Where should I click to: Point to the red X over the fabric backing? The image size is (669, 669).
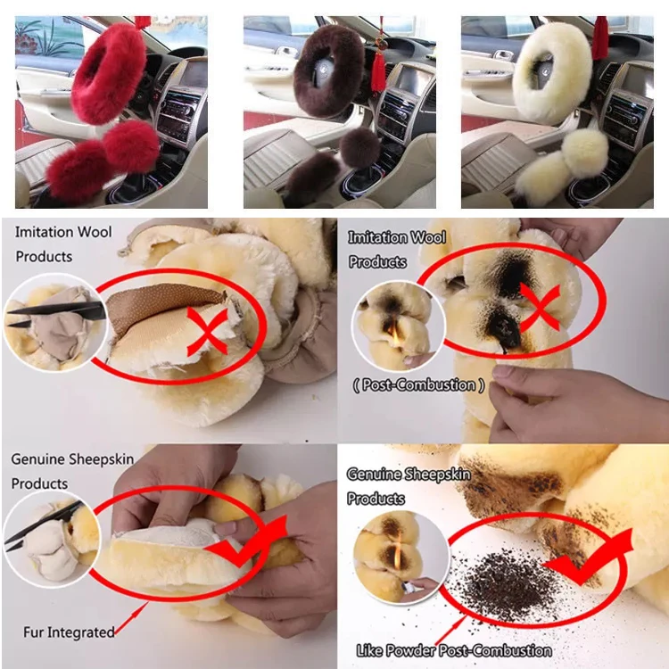(208, 332)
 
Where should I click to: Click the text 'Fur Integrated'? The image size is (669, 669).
(69, 632)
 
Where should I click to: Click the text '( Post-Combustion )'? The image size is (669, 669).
(418, 385)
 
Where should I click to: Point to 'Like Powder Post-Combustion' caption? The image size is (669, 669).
(454, 650)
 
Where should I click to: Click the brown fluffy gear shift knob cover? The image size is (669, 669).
(359, 146)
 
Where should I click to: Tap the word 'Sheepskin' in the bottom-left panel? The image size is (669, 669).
(102, 459)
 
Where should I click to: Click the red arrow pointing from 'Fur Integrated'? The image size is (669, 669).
(131, 617)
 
